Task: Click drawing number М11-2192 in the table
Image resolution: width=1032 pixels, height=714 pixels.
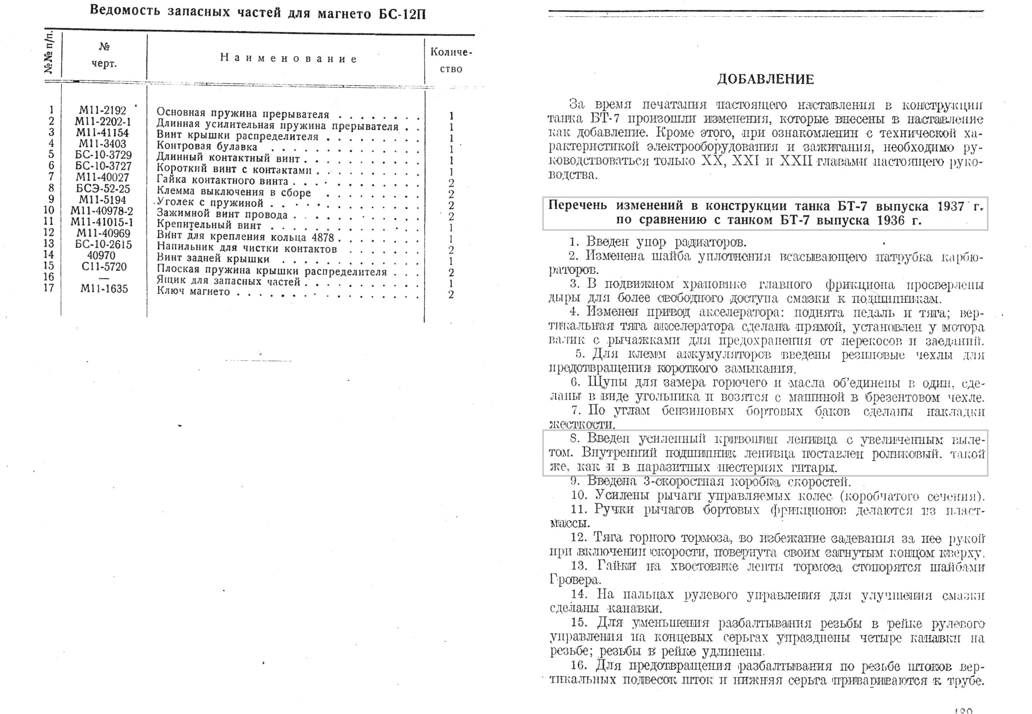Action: [103, 110]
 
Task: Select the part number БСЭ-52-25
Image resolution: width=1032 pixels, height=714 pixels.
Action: [103, 189]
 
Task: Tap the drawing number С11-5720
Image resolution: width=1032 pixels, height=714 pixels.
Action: [104, 267]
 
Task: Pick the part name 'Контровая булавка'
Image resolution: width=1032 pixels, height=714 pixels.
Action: [207, 147]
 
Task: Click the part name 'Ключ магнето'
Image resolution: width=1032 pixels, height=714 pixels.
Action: [193, 292]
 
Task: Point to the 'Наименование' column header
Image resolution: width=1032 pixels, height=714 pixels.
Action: [288, 58]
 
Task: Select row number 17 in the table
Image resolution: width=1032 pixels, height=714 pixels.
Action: [49, 288]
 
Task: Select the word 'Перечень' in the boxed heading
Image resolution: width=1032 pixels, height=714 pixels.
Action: [578, 205]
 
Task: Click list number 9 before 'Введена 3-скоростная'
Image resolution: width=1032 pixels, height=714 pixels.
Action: [575, 481]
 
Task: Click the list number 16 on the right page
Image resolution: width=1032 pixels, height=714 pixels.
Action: [578, 665]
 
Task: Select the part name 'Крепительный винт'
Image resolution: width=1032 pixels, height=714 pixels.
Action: [208, 225]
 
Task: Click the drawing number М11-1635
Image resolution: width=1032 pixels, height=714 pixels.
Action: [104, 289]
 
